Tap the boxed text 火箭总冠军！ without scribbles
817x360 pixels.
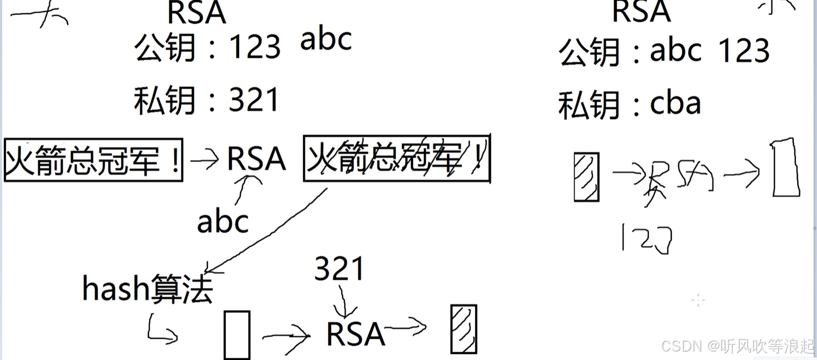tap(93, 160)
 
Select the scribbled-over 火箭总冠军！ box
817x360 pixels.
tap(396, 159)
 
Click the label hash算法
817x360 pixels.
tap(147, 289)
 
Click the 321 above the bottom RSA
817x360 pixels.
tap(339, 269)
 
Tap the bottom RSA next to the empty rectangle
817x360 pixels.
tap(355, 334)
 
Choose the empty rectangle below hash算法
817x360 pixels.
tap(236, 335)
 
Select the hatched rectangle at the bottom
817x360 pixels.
tap(463, 329)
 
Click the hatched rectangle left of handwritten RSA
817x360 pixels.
tap(586, 177)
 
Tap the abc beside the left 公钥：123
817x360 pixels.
tap(326, 40)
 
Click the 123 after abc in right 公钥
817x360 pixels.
tap(743, 51)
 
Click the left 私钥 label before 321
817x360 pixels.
tap(165, 100)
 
